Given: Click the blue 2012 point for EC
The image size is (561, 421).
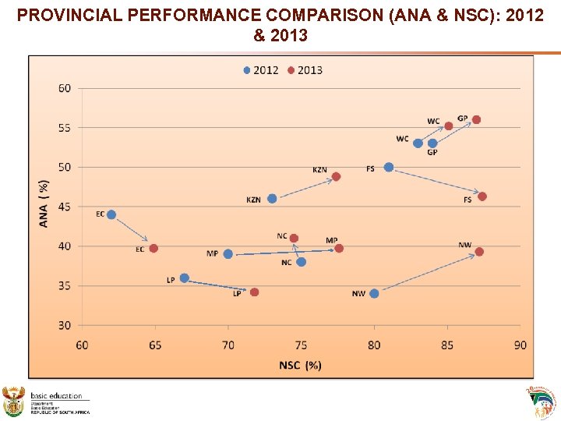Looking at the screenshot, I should tap(111, 214).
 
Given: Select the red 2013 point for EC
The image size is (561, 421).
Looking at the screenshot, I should tap(153, 249).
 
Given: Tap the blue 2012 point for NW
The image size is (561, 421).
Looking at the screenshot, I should tap(374, 294).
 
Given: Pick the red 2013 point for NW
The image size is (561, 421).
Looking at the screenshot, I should tap(479, 252).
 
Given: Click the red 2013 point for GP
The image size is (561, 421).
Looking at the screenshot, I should tap(476, 120).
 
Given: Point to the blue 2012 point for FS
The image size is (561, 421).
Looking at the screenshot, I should tap(389, 168).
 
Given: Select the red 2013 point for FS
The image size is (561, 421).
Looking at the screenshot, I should tap(482, 196).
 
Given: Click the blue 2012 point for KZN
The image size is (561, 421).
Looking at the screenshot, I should tap(272, 199).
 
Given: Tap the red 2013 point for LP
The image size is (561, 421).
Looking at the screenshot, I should tap(254, 292).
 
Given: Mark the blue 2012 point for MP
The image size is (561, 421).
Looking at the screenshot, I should tap(228, 254).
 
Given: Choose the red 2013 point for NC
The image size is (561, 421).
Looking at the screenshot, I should tap(294, 239).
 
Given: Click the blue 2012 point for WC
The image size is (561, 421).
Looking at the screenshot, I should tap(418, 143).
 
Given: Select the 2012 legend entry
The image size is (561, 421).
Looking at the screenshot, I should tap(261, 70).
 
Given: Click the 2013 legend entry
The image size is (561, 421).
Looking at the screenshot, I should tap(305, 70).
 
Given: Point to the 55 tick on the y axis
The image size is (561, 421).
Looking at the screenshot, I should tap(64, 128).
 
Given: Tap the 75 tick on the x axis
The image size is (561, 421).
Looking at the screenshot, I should tap(301, 345).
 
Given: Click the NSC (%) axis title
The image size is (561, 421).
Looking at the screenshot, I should tap(300, 365).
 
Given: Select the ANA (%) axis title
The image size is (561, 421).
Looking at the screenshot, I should tap(44, 204).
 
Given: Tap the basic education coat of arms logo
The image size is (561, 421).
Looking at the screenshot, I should tap(14, 401).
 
